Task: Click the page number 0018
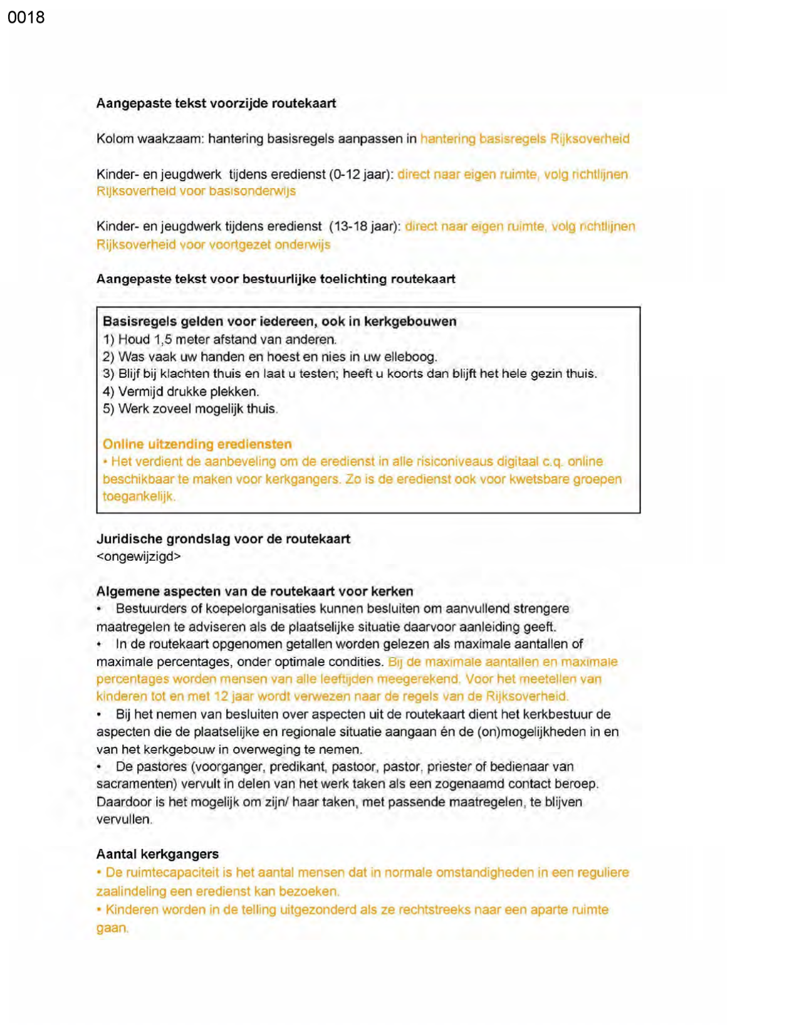point(26,17)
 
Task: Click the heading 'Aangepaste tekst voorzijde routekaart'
point(216,103)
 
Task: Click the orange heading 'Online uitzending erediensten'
point(197,444)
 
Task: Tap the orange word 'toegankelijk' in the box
point(138,496)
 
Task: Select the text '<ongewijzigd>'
point(138,556)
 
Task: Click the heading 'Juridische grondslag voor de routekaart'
point(223,539)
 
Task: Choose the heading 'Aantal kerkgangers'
point(157,854)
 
